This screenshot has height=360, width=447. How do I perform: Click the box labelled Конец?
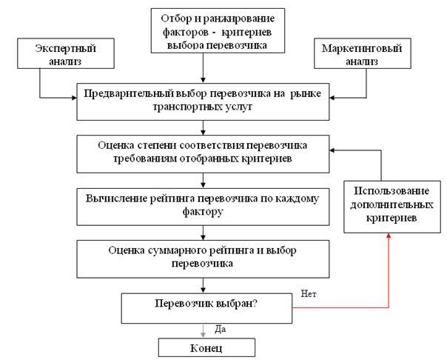point(207,347)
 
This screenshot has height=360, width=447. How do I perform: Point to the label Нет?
point(309,293)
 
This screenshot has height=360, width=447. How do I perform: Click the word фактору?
point(202,210)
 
